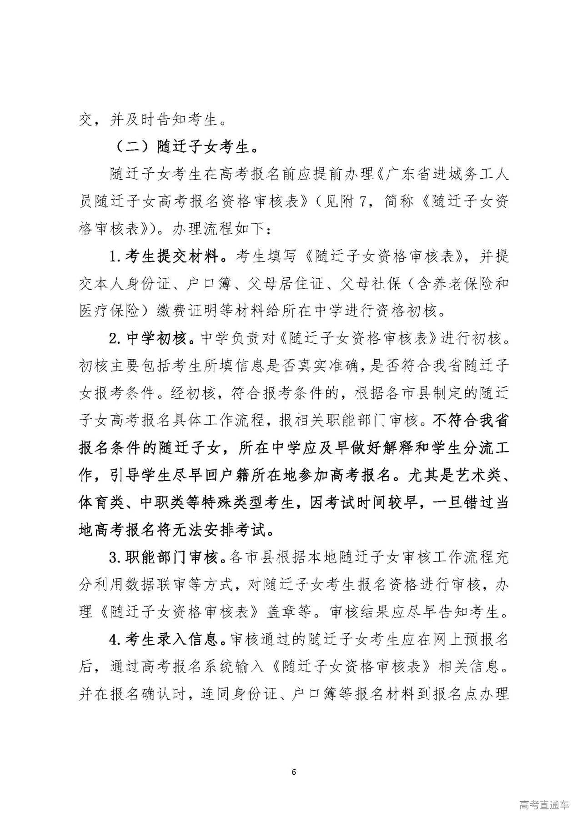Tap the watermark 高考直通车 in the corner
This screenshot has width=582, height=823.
coord(543,805)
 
